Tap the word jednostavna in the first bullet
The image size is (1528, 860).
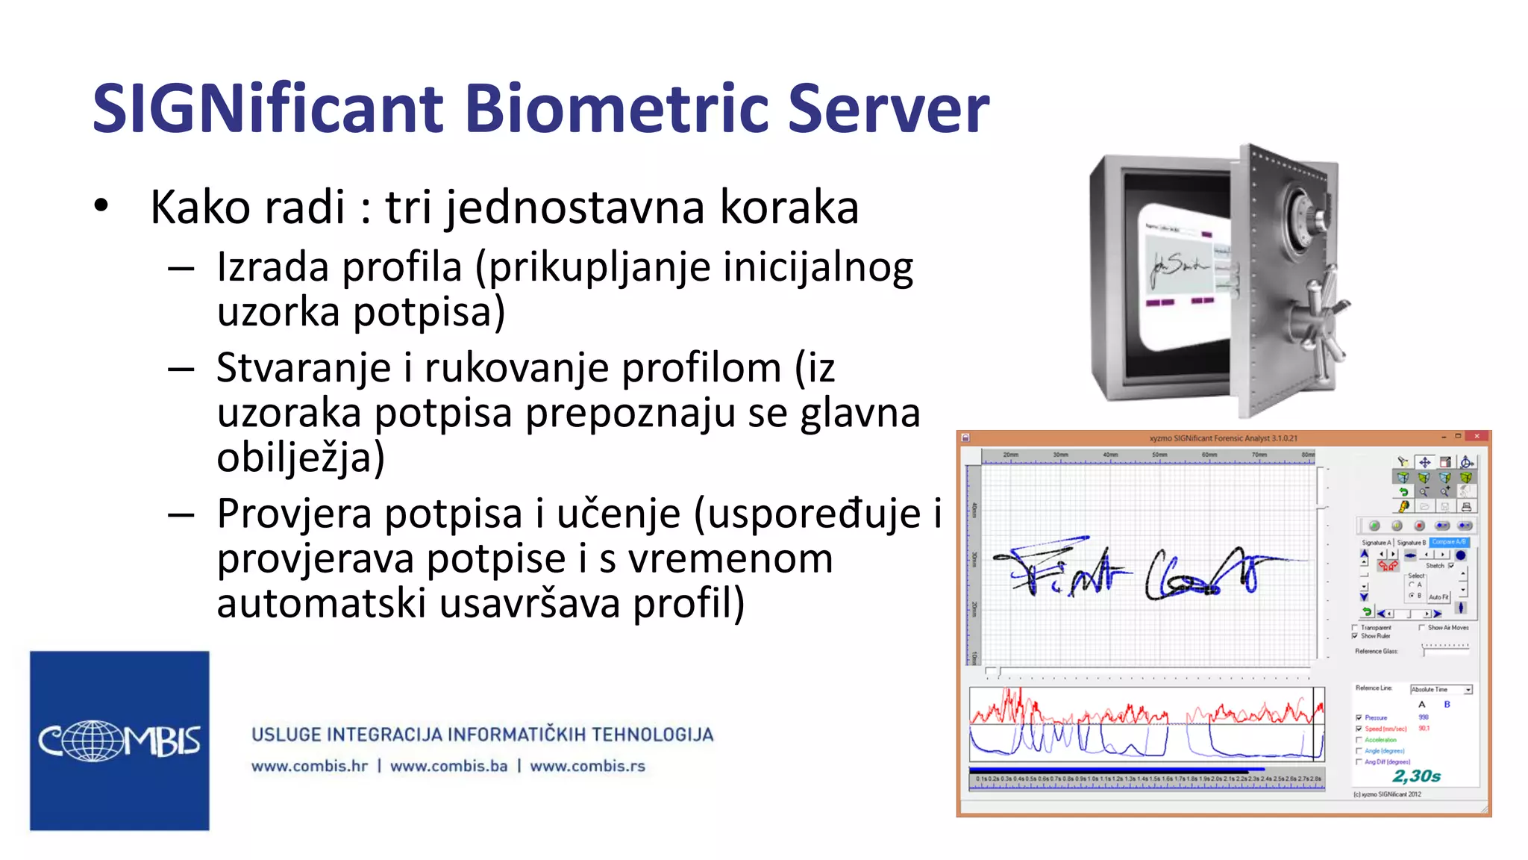click(575, 208)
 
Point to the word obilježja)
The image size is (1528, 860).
click(301, 458)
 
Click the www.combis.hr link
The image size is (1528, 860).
click(310, 766)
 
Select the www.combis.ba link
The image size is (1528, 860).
click(448, 766)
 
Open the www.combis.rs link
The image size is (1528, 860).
click(587, 766)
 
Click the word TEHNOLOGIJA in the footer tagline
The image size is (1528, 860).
click(653, 735)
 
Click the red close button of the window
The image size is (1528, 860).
click(1477, 437)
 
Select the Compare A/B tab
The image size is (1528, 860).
click(1449, 542)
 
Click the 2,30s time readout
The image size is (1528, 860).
click(1416, 776)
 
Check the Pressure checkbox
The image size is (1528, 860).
click(1359, 717)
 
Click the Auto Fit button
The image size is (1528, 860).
click(1438, 597)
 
